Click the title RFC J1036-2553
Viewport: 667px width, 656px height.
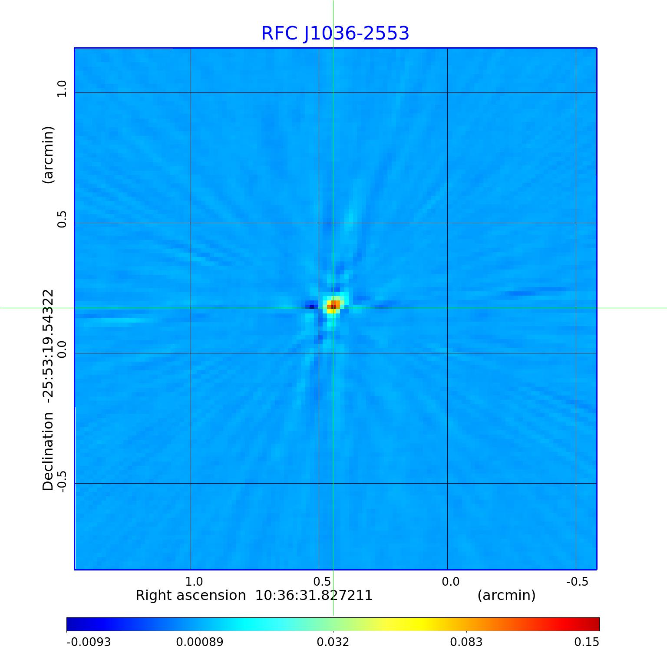[335, 33]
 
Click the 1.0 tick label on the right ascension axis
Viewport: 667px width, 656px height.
[194, 581]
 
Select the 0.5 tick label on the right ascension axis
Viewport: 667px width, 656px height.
[322, 581]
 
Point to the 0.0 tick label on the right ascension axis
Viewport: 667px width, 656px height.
[450, 581]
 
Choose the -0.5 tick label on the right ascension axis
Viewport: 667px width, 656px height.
[577, 581]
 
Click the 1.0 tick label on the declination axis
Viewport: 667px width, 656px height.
[62, 89]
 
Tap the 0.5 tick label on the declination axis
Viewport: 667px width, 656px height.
[62, 219]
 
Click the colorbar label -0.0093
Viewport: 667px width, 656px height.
[89, 642]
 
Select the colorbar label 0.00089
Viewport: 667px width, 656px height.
[200, 642]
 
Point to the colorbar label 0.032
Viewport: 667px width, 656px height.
[333, 642]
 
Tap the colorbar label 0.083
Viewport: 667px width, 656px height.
[466, 642]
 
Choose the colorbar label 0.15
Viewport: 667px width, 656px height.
[587, 642]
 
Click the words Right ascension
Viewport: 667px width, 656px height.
[190, 595]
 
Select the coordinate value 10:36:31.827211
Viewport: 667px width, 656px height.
[314, 595]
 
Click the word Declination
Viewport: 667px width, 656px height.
[48, 452]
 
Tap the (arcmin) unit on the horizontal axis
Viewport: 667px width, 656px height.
[506, 595]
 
